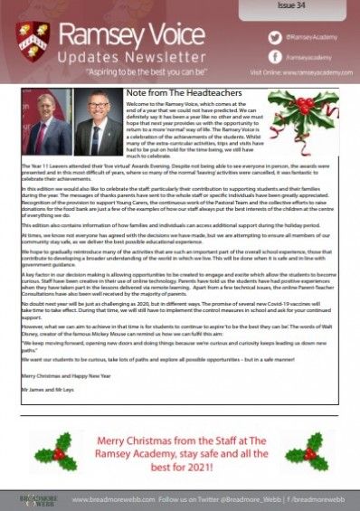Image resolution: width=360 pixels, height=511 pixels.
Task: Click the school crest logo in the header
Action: pyautogui.click(x=33, y=43)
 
